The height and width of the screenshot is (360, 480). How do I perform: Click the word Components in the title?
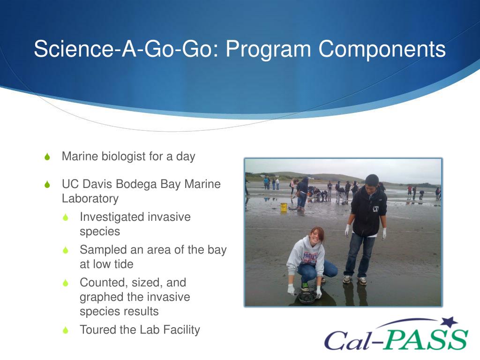(382, 49)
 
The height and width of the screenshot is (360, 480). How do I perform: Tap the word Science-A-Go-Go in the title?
(127, 49)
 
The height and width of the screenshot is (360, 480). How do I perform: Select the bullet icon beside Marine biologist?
(47, 157)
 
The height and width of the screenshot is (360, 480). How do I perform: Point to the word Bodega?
(136, 184)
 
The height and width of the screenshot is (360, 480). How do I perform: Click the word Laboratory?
(90, 199)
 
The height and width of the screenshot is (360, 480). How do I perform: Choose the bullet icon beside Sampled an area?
(66, 250)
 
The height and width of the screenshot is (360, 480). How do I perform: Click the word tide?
(123, 264)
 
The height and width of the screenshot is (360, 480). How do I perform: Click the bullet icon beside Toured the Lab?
(66, 330)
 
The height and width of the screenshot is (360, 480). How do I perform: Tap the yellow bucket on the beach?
(284, 207)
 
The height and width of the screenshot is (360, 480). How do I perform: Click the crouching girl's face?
(316, 237)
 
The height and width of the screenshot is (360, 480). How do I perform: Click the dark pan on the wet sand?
(307, 297)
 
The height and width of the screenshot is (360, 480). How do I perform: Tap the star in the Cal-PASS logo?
(450, 322)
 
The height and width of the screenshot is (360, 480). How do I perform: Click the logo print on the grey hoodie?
(310, 257)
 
